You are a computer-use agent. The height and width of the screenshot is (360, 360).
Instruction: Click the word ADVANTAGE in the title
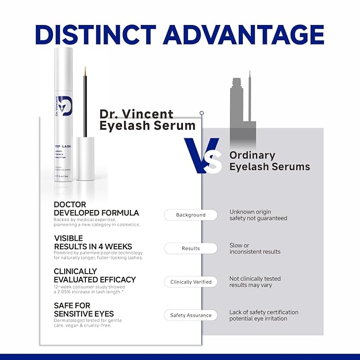pos(243,33)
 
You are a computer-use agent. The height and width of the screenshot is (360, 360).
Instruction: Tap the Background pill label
pos(191,215)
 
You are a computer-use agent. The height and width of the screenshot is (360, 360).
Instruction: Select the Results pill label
pos(191,248)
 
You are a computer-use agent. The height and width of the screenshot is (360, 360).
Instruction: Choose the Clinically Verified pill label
pos(191,282)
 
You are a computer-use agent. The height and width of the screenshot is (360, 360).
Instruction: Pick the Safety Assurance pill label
pos(191,315)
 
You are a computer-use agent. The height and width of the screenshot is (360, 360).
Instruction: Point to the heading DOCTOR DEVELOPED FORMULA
pos(96,208)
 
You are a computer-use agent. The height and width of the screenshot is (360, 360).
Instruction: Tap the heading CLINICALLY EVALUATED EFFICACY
pos(94,275)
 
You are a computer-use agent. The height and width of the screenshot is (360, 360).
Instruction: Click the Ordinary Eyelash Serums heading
pos(269,161)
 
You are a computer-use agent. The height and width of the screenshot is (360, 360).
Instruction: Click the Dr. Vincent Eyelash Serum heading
pos(147,119)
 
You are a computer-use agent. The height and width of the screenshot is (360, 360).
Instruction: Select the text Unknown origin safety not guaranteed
pos(258,215)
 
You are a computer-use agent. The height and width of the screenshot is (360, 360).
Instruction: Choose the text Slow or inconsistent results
pos(255,248)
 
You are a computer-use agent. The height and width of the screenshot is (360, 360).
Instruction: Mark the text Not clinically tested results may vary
pos(255,282)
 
